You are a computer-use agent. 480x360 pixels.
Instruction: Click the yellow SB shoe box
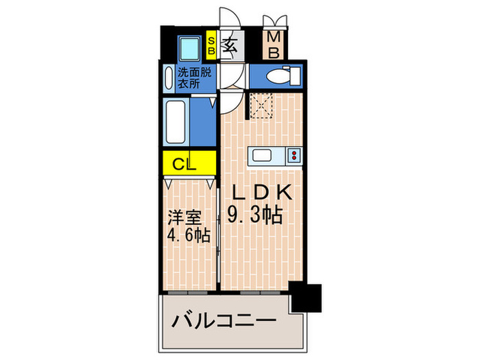click(x=211, y=45)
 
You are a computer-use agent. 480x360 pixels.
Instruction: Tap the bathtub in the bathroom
click(x=176, y=123)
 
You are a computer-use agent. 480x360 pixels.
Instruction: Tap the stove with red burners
click(x=293, y=156)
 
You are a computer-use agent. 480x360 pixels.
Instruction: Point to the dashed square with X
click(x=261, y=106)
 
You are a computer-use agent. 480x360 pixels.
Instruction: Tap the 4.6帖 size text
click(x=188, y=235)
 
